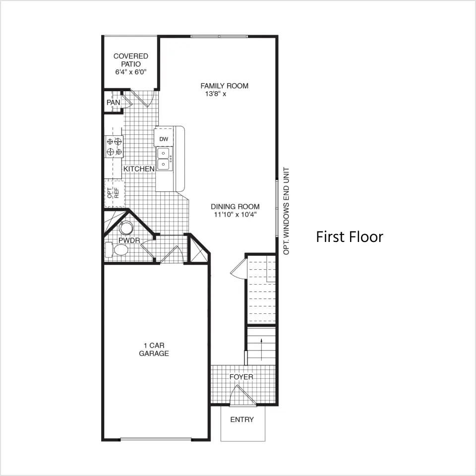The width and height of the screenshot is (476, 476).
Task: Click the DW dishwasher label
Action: click(x=164, y=139)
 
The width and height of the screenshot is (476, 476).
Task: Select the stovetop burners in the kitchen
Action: click(x=114, y=146)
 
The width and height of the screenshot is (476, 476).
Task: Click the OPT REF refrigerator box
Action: click(x=115, y=193)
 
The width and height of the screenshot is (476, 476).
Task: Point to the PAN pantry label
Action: click(x=113, y=103)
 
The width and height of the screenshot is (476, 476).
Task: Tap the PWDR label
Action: click(x=129, y=240)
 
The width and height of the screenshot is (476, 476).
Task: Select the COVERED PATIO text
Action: click(x=131, y=60)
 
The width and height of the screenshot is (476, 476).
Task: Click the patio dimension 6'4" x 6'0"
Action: click(x=131, y=72)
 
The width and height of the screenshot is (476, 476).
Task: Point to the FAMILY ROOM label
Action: click(x=224, y=86)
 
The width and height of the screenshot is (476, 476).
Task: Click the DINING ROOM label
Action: click(x=235, y=207)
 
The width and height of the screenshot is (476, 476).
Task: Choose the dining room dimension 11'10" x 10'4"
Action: click(x=235, y=215)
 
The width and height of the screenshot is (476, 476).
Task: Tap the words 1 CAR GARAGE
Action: click(x=154, y=350)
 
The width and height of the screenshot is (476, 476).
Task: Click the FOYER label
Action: click(x=241, y=377)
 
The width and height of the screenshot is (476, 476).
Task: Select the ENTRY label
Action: click(x=242, y=419)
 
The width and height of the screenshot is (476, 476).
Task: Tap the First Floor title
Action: click(x=350, y=237)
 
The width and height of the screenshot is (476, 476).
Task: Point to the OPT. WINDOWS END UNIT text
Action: click(x=286, y=211)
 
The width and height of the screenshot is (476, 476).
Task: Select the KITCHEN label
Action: click(x=139, y=169)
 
